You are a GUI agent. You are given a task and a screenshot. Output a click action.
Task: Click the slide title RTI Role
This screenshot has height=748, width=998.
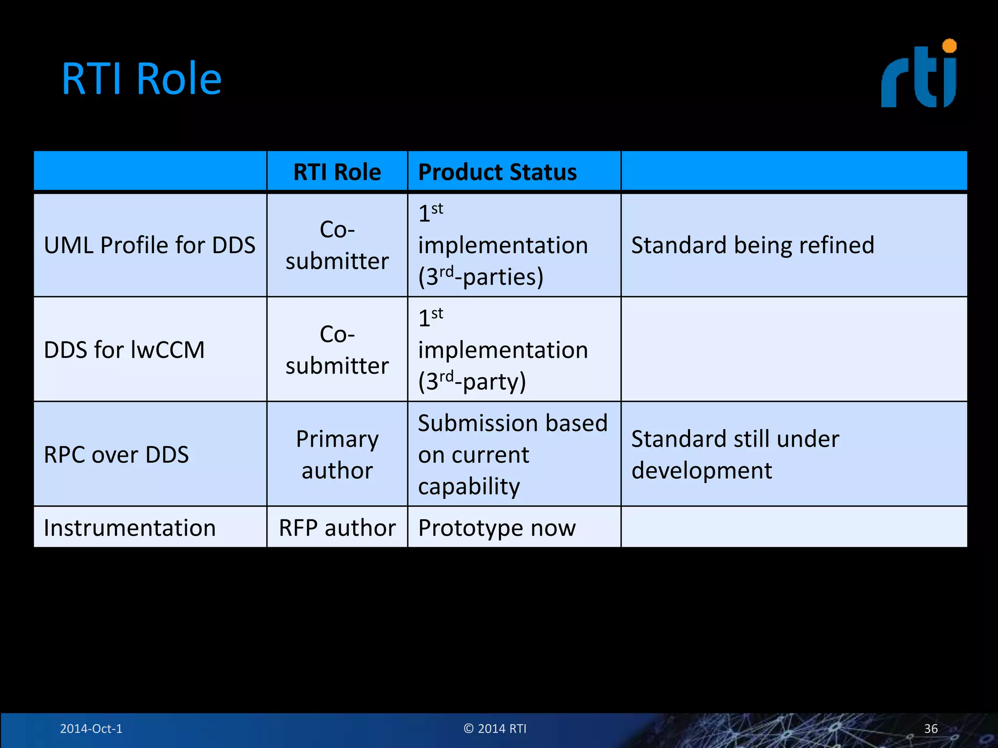click(141, 79)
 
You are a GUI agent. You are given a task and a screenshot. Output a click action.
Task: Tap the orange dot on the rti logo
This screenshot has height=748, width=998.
click(949, 46)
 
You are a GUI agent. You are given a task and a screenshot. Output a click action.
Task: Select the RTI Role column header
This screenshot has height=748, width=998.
click(337, 172)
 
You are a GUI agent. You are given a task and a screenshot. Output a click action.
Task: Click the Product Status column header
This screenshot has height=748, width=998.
click(497, 172)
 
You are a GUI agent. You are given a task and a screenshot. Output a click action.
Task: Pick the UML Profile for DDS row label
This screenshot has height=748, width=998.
click(150, 245)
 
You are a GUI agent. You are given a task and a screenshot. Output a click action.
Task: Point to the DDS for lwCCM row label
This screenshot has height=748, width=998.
click(124, 350)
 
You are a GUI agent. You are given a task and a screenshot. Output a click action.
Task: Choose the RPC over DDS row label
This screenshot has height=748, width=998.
click(116, 454)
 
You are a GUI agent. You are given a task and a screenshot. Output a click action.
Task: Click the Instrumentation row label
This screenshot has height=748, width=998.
click(130, 528)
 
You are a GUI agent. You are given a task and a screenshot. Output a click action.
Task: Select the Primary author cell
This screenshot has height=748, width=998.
click(337, 454)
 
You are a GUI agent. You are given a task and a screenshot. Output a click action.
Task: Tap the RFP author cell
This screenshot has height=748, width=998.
click(337, 528)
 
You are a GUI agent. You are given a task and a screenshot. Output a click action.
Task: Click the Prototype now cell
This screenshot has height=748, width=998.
click(497, 528)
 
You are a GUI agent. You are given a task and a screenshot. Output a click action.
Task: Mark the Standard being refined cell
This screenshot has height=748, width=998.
click(752, 245)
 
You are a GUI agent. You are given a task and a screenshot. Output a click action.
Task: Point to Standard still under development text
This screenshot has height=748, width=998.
click(735, 454)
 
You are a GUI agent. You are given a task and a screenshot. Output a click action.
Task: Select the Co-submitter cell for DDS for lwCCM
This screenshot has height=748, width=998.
click(337, 350)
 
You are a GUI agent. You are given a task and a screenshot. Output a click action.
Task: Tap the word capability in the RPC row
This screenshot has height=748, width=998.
click(469, 486)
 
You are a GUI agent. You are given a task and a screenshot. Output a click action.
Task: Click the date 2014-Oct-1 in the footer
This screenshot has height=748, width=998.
click(91, 729)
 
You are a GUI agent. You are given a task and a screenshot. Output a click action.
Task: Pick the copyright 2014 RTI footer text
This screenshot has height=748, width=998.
click(495, 729)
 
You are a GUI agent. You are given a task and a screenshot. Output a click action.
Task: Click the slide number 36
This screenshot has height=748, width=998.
click(931, 729)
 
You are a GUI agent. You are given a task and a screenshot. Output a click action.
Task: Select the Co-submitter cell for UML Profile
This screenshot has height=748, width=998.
click(337, 245)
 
